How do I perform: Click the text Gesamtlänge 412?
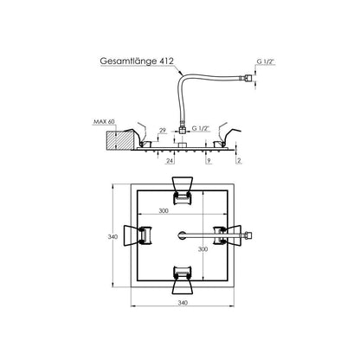click(137, 61)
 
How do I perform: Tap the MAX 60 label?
click(104, 122)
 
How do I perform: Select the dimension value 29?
click(163, 131)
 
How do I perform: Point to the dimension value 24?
click(170, 161)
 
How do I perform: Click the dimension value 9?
click(209, 161)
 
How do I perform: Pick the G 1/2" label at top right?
click(266, 61)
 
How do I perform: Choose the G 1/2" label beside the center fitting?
click(200, 128)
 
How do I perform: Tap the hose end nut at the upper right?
click(248, 78)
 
